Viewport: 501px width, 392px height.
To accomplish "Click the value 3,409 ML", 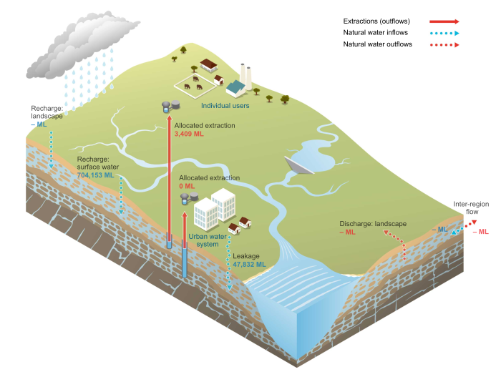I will (189, 134).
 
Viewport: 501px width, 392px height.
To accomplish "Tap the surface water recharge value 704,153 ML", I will (95, 175).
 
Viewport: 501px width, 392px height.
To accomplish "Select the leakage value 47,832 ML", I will (249, 264).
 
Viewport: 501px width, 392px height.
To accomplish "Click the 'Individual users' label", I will (225, 106).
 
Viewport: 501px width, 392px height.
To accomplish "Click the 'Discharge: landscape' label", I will (373, 224).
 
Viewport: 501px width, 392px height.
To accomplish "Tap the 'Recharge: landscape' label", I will (47, 112).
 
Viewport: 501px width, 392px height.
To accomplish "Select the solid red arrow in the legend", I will (444, 21).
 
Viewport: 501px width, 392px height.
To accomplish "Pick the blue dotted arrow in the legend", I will (444, 33).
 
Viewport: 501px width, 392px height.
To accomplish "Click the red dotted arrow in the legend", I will (444, 44).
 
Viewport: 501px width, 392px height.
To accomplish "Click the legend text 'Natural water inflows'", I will (376, 33).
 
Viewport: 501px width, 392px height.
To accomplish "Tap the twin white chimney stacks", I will (245, 74).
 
